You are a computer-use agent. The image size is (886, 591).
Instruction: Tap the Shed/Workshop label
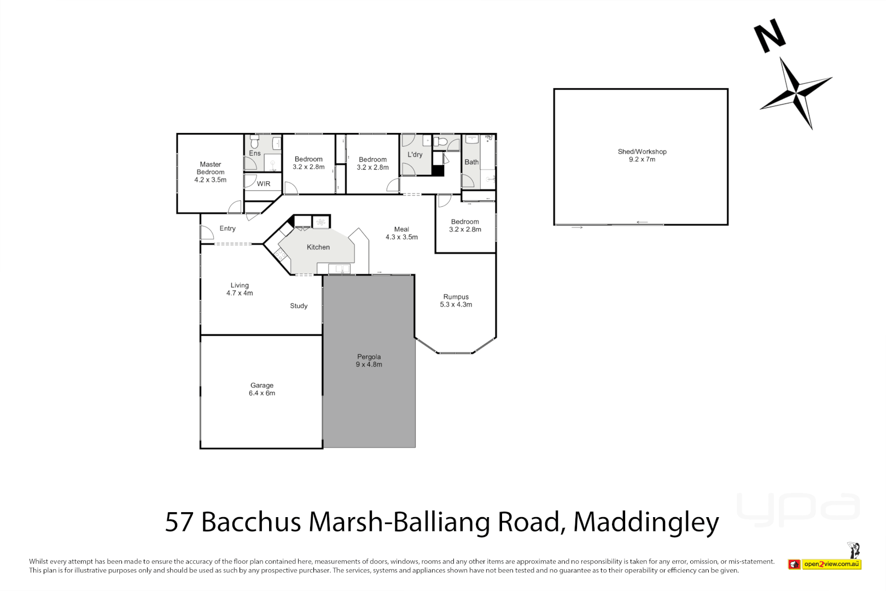point(642,152)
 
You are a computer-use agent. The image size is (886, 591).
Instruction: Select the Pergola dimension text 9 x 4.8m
point(369,364)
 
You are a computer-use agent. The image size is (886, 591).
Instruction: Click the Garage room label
point(262,385)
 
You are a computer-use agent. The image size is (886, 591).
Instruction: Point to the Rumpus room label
point(456,297)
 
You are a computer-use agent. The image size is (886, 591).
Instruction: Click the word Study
point(299,306)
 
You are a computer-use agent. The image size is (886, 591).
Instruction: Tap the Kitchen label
point(318,247)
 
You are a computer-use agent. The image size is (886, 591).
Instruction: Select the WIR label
point(264,184)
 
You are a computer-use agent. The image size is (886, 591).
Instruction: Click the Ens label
point(255,153)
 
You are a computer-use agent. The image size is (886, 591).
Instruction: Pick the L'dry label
point(415,155)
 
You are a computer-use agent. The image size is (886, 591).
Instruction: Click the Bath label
point(471,162)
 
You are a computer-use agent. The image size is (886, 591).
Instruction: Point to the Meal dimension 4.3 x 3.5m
point(402,237)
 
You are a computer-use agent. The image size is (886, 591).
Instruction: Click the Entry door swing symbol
point(207,233)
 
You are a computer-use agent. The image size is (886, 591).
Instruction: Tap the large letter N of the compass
point(770,36)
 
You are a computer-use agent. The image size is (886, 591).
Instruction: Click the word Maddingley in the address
point(646,522)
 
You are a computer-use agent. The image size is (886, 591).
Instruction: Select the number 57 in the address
point(179,522)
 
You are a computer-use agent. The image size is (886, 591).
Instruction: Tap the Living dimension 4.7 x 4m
point(240,293)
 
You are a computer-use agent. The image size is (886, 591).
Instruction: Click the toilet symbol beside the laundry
point(441,142)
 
